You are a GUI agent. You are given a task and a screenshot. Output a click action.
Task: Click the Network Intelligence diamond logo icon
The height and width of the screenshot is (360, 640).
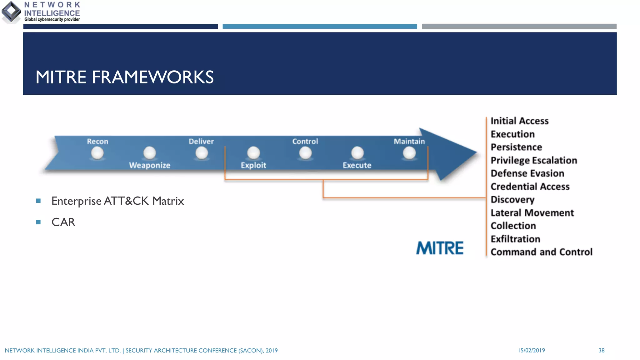(x=12, y=12)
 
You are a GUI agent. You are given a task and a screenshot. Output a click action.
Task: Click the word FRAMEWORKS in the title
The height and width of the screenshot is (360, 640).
(x=152, y=77)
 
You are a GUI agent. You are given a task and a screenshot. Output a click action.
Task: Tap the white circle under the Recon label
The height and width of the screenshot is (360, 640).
(x=97, y=153)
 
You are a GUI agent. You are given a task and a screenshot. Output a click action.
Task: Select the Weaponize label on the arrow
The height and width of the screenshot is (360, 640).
(x=150, y=165)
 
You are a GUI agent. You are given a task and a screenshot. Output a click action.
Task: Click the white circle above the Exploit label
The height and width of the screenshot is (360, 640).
(x=253, y=153)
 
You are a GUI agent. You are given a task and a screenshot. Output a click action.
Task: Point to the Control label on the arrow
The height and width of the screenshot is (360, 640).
(x=305, y=141)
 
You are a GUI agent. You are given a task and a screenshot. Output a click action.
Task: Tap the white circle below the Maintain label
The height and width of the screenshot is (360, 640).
(x=409, y=153)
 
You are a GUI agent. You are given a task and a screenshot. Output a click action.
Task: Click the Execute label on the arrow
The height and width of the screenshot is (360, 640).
(x=357, y=165)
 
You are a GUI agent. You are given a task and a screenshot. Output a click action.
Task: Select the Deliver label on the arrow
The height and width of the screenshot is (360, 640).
(x=201, y=141)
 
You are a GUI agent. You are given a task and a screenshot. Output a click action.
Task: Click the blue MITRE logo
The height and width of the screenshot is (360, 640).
(x=440, y=248)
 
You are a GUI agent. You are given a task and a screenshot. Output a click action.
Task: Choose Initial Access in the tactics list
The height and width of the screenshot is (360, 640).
(x=519, y=121)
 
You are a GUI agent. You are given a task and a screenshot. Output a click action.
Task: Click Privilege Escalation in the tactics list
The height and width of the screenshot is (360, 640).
(x=534, y=160)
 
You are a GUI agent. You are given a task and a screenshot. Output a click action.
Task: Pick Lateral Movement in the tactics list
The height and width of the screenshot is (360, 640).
(x=532, y=213)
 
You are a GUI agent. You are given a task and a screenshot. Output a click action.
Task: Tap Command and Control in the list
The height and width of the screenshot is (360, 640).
(x=541, y=252)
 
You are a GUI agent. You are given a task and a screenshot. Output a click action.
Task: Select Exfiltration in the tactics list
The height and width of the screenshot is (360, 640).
(x=515, y=239)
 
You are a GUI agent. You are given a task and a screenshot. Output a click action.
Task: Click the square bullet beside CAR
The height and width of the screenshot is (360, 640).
(x=38, y=222)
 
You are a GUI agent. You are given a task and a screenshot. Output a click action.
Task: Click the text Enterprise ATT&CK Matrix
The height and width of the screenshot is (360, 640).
(x=117, y=201)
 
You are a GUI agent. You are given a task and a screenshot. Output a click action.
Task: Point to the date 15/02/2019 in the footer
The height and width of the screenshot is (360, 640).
(x=531, y=350)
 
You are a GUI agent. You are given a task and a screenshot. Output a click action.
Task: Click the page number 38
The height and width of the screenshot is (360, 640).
(x=602, y=350)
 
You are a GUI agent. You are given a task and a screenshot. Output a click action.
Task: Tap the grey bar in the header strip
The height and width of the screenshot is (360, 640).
(x=519, y=27)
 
